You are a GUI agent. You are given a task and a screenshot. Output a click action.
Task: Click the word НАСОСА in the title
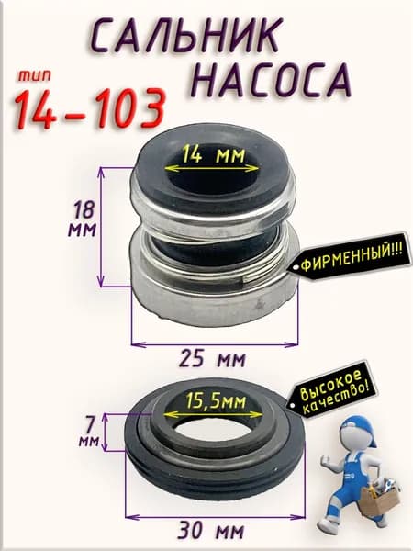click(273, 80)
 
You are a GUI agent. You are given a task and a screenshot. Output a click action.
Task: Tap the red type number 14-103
click(89, 108)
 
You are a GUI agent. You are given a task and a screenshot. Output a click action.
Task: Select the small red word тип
click(35, 76)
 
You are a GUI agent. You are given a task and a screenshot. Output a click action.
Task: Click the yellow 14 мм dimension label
click(213, 155)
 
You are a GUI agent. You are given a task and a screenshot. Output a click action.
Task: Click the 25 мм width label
click(213, 359)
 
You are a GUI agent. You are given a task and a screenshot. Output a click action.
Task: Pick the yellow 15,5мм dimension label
click(216, 400)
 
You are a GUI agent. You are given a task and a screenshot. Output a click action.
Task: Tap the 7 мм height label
click(88, 433)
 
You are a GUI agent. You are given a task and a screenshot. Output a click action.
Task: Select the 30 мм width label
click(210, 531)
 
